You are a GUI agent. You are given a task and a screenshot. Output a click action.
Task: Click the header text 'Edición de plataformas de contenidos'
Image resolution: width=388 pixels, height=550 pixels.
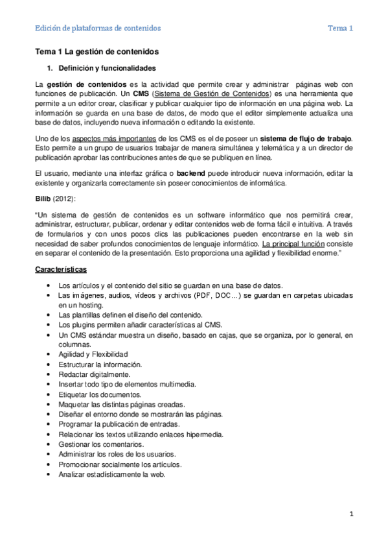click(x=98, y=28)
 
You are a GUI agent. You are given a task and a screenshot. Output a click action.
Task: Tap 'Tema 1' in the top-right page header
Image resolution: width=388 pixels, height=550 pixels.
click(x=340, y=28)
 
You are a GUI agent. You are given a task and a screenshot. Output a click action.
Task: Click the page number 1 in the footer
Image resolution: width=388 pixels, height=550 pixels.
click(x=350, y=514)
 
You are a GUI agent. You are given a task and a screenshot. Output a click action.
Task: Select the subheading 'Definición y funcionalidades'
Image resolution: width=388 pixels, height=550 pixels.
click(x=106, y=67)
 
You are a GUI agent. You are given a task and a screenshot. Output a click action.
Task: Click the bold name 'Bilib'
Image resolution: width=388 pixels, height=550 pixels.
click(x=43, y=197)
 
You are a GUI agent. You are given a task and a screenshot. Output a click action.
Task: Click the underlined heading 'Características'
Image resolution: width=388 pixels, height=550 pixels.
click(x=62, y=269)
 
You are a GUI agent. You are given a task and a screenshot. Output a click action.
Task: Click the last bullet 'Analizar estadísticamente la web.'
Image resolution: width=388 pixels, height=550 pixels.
click(x=111, y=474)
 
